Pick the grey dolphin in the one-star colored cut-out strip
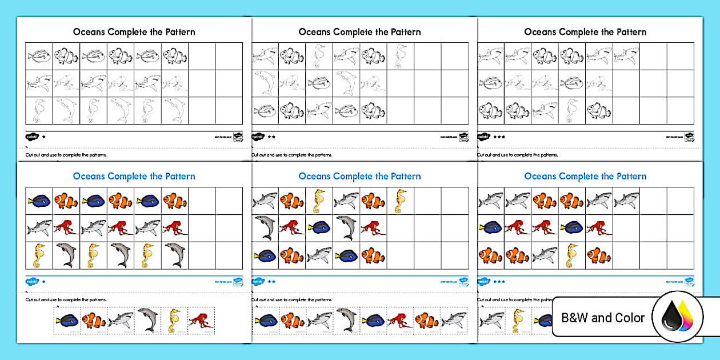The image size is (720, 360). [147, 319]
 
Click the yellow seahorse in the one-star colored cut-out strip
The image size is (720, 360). [174, 321]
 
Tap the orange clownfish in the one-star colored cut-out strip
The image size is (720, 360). [94, 320]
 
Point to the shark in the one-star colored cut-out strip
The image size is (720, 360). [120, 320]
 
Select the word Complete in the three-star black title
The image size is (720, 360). [585, 32]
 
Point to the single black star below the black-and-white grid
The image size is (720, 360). [43, 137]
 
